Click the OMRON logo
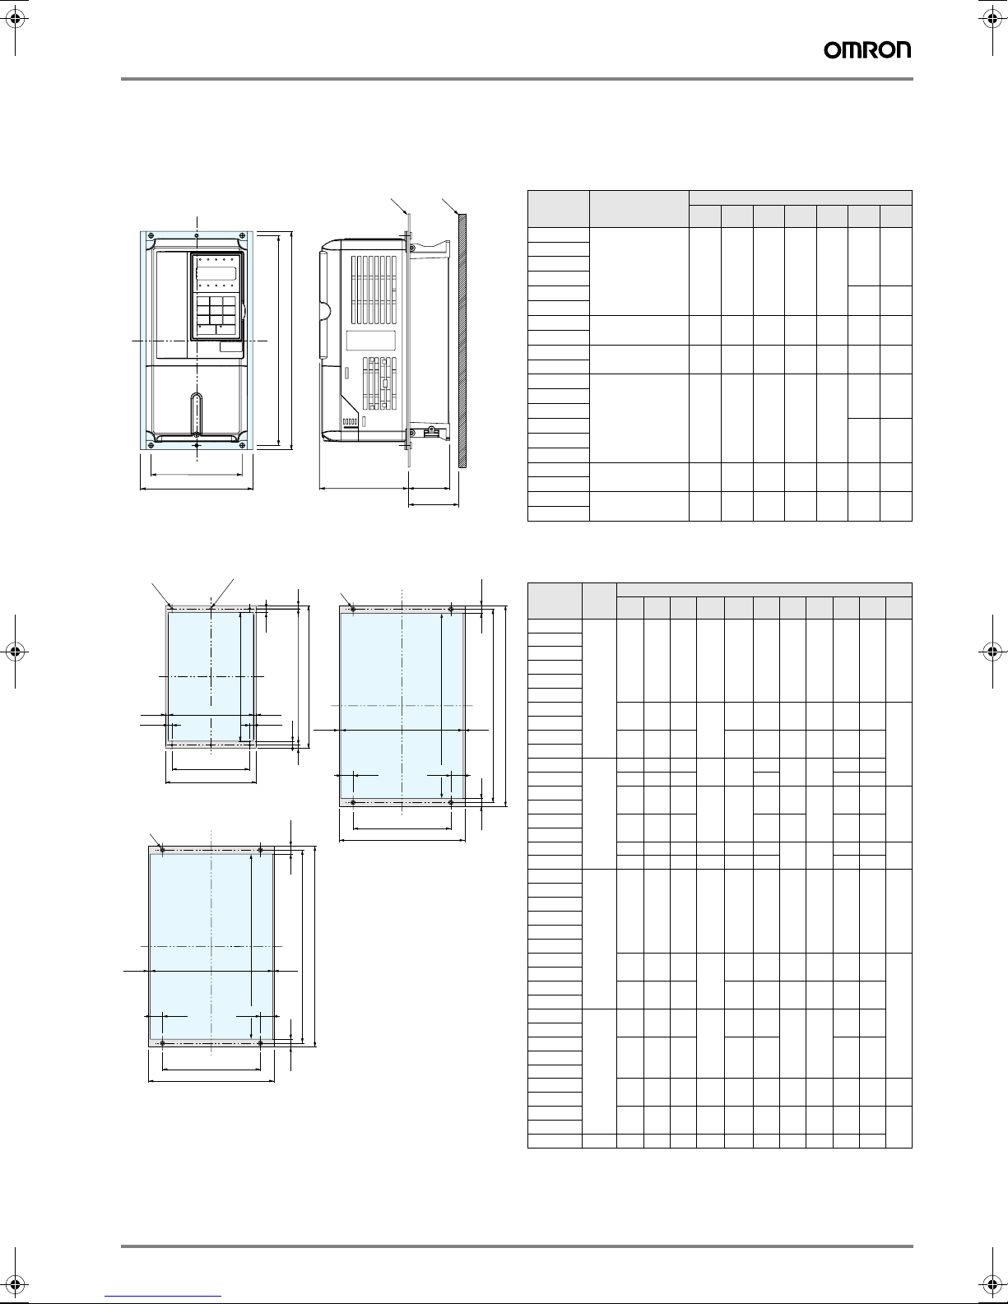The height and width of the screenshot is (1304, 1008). pyautogui.click(x=867, y=50)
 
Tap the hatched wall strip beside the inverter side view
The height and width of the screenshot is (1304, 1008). pyautogui.click(x=462, y=341)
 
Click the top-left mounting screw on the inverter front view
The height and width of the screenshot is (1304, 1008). pyautogui.click(x=151, y=235)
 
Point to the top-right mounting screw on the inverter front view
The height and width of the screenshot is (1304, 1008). pyautogui.click(x=243, y=235)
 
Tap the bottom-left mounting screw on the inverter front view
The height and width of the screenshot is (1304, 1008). pyautogui.click(x=151, y=444)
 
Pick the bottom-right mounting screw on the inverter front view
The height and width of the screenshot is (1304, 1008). pyautogui.click(x=243, y=444)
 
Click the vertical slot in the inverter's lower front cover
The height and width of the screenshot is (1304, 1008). pyautogui.click(x=196, y=414)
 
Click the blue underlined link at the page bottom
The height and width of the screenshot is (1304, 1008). pyautogui.click(x=163, y=1296)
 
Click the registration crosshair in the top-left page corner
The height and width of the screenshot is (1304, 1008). pyautogui.click(x=16, y=19)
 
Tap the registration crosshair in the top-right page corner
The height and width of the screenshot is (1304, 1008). pyautogui.click(x=992, y=19)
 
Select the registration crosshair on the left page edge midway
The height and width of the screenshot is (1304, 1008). pyautogui.click(x=16, y=651)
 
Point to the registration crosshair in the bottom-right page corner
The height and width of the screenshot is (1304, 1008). pyautogui.click(x=992, y=1284)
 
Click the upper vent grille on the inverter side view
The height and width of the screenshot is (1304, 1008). pyautogui.click(x=374, y=283)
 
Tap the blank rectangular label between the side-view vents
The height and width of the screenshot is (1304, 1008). pyautogui.click(x=371, y=341)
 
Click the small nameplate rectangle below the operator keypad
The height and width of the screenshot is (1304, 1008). pyautogui.click(x=231, y=346)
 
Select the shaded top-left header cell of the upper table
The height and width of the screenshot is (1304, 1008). pyautogui.click(x=559, y=209)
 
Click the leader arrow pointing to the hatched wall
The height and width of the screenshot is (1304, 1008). pyautogui.click(x=450, y=206)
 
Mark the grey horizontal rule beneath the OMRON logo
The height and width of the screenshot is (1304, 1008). pyautogui.click(x=517, y=79)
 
